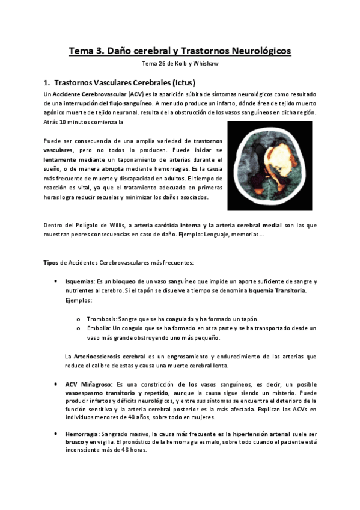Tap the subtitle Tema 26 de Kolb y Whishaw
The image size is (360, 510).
click(180, 65)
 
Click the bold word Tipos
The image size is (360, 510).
click(51, 263)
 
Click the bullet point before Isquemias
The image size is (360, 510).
click(56, 281)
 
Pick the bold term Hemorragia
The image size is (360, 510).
click(82, 433)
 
